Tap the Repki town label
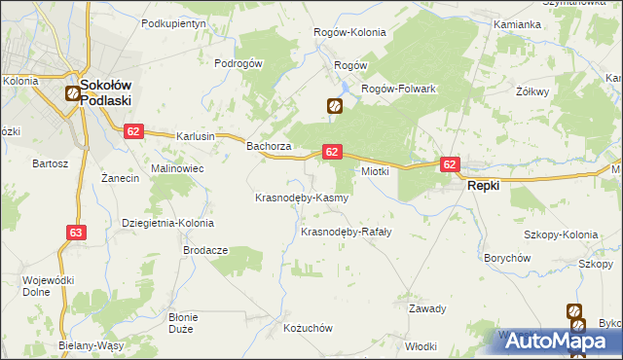484,185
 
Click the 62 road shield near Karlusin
133,131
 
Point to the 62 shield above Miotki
332,152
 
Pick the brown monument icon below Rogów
334,106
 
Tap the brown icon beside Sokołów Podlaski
71,94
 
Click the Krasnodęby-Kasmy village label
301,198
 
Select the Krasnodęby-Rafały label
346,232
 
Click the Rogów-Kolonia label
349,32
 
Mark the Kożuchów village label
308,329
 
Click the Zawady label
427,308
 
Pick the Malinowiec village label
175,168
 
